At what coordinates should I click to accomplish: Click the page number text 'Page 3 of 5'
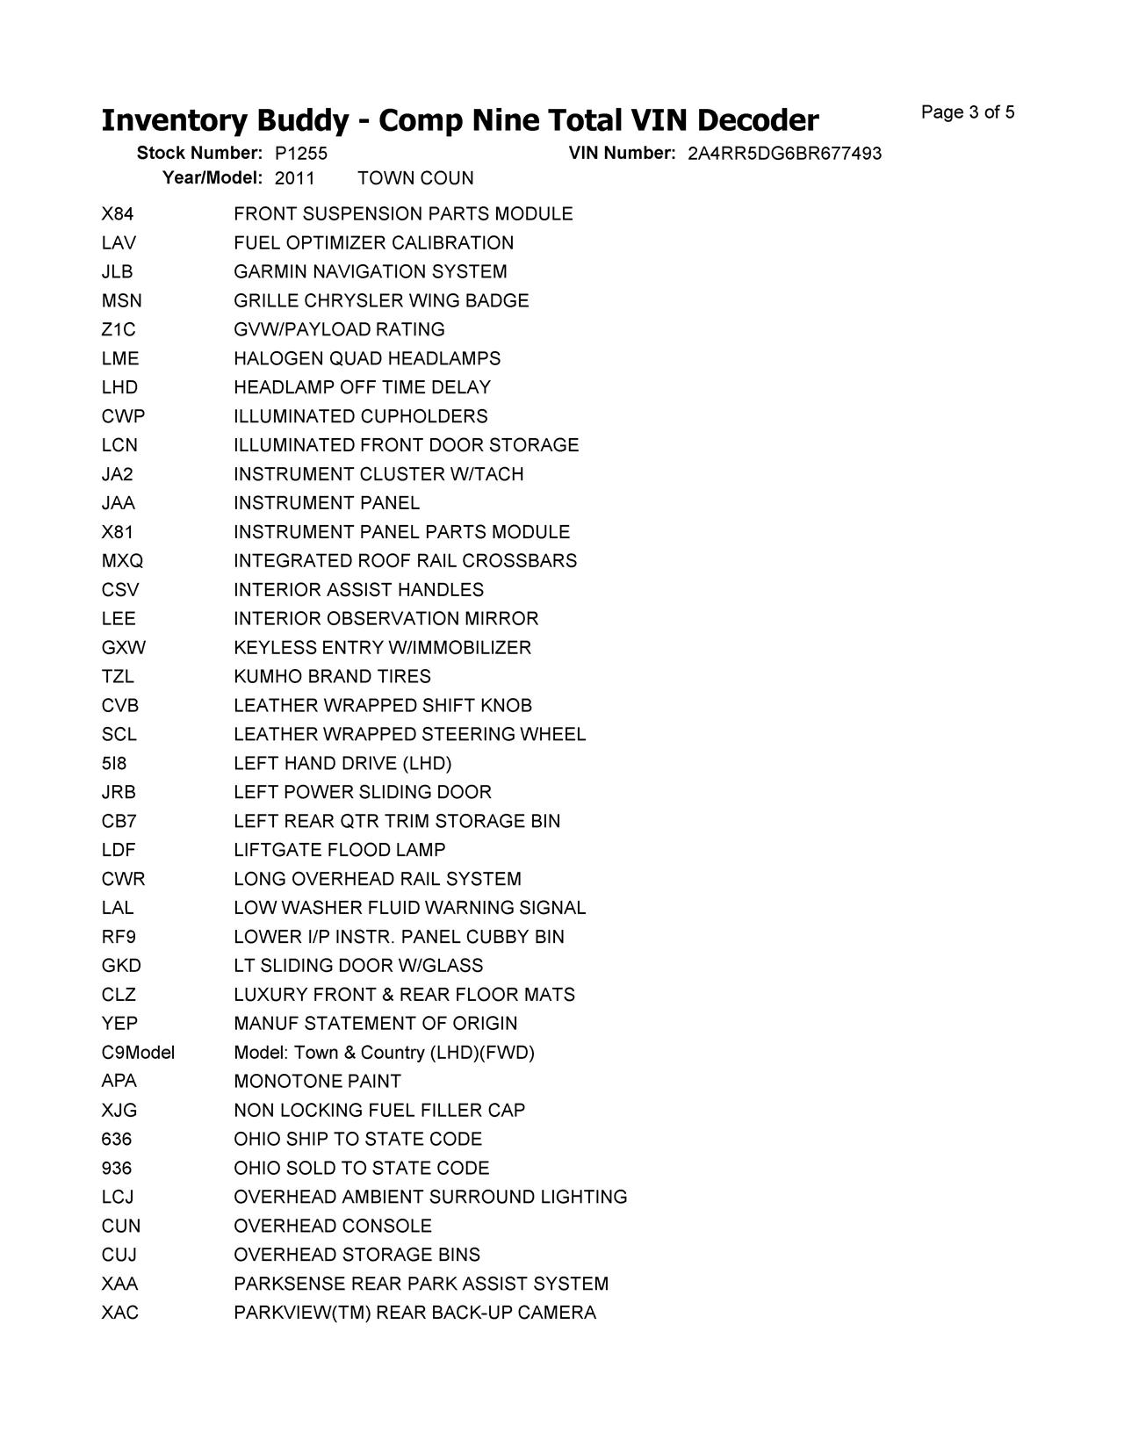pyautogui.click(x=968, y=112)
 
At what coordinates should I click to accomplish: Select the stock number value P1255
pyautogui.click(x=301, y=154)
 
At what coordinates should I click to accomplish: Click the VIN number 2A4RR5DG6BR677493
pyautogui.click(x=784, y=154)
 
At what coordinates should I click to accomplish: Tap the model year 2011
pyautogui.click(x=295, y=178)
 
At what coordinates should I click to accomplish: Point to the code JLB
pyautogui.click(x=117, y=272)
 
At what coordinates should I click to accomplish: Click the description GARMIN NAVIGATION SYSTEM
pyautogui.click(x=370, y=272)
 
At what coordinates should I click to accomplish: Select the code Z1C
pyautogui.click(x=119, y=329)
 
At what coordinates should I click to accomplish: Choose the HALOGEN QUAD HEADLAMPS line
pyautogui.click(x=367, y=358)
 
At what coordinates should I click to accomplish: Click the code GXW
pyautogui.click(x=123, y=648)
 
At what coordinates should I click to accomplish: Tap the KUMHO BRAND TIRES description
pyautogui.click(x=332, y=676)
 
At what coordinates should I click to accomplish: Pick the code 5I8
pyautogui.click(x=114, y=763)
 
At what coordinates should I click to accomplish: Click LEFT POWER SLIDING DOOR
pyautogui.click(x=363, y=792)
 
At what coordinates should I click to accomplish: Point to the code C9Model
pyautogui.click(x=138, y=1052)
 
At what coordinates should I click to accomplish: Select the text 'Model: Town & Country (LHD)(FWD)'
pyautogui.click(x=384, y=1052)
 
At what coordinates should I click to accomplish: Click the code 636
pyautogui.click(x=117, y=1139)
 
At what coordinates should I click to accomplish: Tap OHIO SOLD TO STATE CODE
pyautogui.click(x=361, y=1168)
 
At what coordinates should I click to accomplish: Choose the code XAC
pyautogui.click(x=119, y=1313)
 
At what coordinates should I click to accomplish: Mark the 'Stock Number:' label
pyautogui.click(x=199, y=154)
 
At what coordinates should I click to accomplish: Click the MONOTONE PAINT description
pyautogui.click(x=317, y=1081)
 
